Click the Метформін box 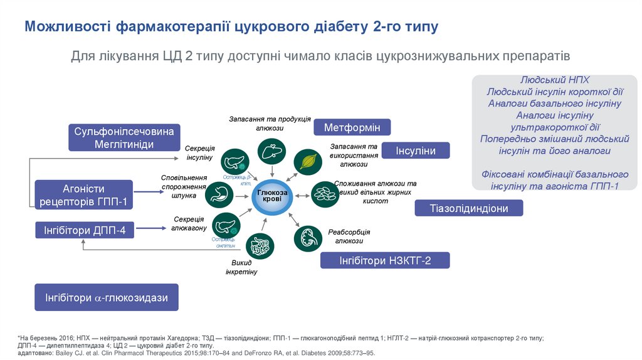coord(352,127)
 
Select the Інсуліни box coord(423,151)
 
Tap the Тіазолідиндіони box coord(469,208)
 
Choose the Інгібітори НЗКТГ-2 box coord(385,260)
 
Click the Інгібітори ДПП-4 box coord(85,230)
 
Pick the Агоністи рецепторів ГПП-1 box coord(83,195)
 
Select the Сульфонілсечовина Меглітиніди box coord(124,138)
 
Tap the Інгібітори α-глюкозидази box coord(106,297)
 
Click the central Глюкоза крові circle coord(272,196)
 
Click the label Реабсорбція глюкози coord(349,236)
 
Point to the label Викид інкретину coord(241,267)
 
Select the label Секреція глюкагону coord(189,223)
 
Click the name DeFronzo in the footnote coord(266,353)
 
